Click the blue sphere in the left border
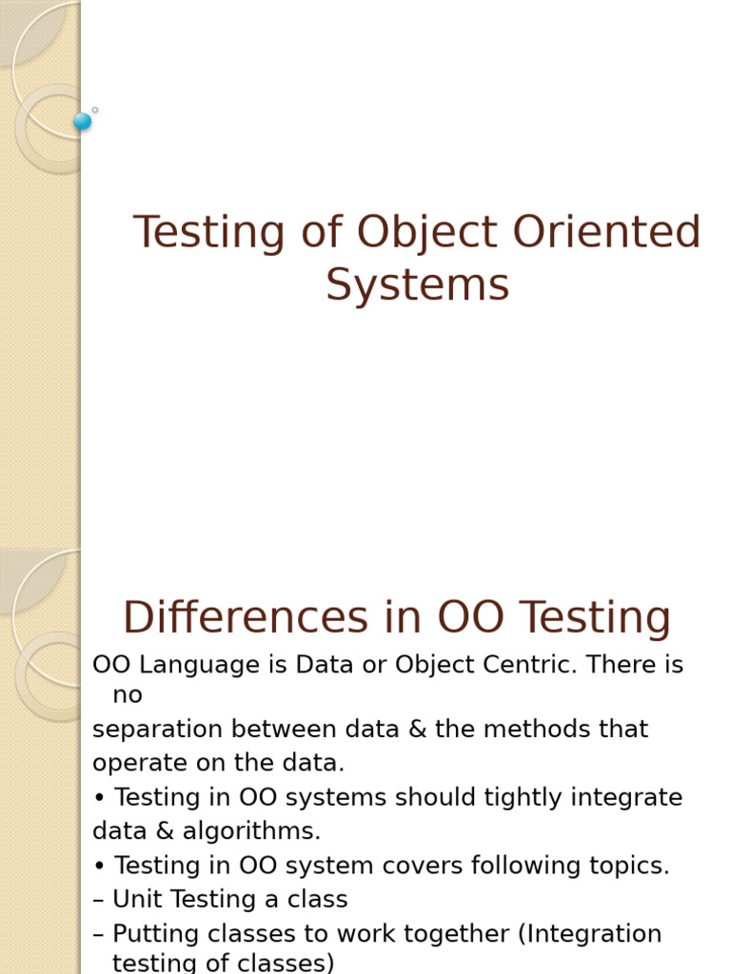point(82,121)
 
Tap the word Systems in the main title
point(417,285)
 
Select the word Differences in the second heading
point(245,617)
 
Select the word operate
point(134,763)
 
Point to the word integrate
point(627,797)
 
